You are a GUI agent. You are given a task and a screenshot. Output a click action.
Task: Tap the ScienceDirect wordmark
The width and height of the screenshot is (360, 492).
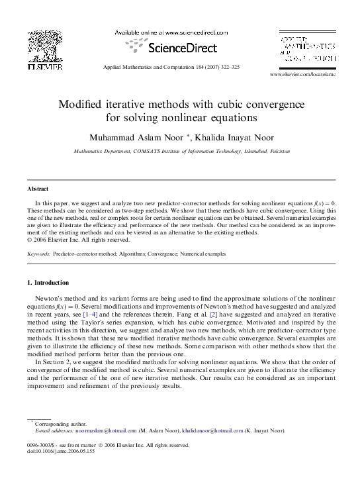tap(174, 48)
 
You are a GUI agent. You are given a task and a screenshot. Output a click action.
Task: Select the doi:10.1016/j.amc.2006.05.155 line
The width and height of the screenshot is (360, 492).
tap(62, 452)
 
